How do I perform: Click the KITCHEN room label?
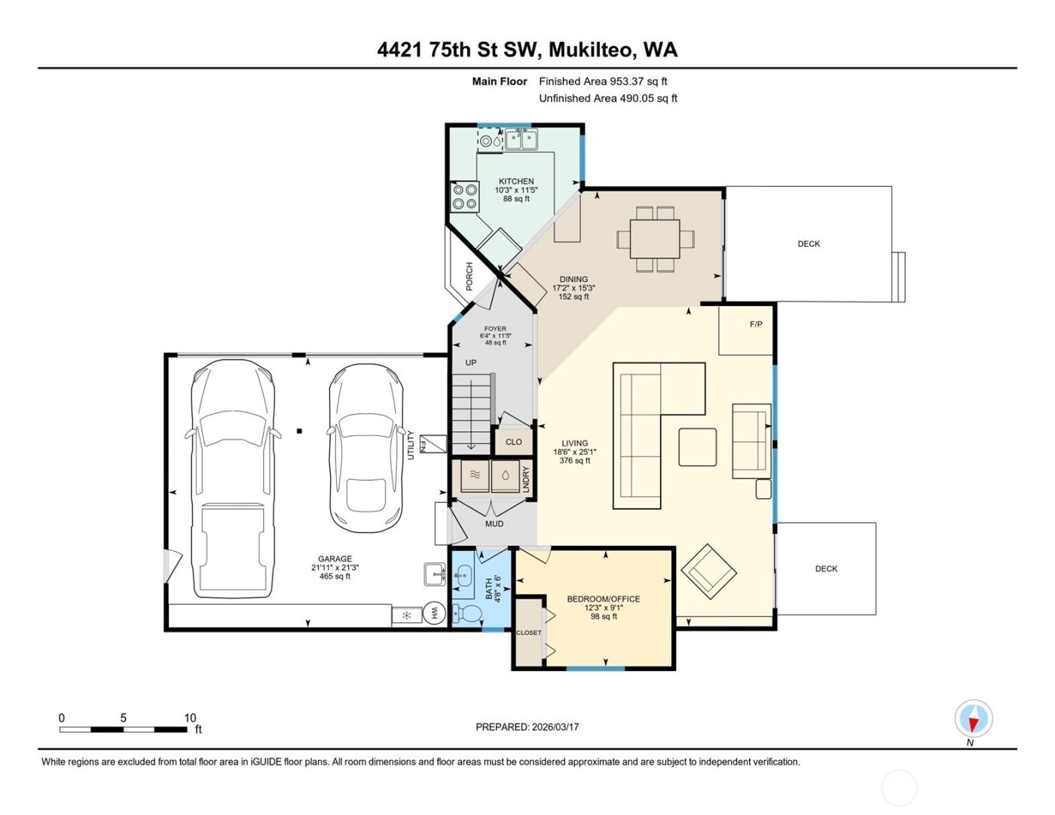(x=516, y=181)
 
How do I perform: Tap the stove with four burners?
(x=464, y=197)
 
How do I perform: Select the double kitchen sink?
(x=521, y=139)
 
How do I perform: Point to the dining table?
(x=655, y=239)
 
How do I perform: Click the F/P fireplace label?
(x=756, y=324)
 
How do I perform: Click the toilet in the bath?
(x=468, y=613)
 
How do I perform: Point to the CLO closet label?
(x=513, y=442)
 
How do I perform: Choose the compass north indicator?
(x=973, y=718)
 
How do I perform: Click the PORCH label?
(x=469, y=276)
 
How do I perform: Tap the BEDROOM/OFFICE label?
(x=604, y=599)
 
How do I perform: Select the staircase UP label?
(x=471, y=363)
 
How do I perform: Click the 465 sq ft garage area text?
(x=335, y=576)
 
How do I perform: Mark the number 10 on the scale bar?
(x=190, y=718)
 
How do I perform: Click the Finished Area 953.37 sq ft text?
(x=603, y=81)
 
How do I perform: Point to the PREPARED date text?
(x=527, y=727)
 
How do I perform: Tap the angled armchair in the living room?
(x=708, y=571)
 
